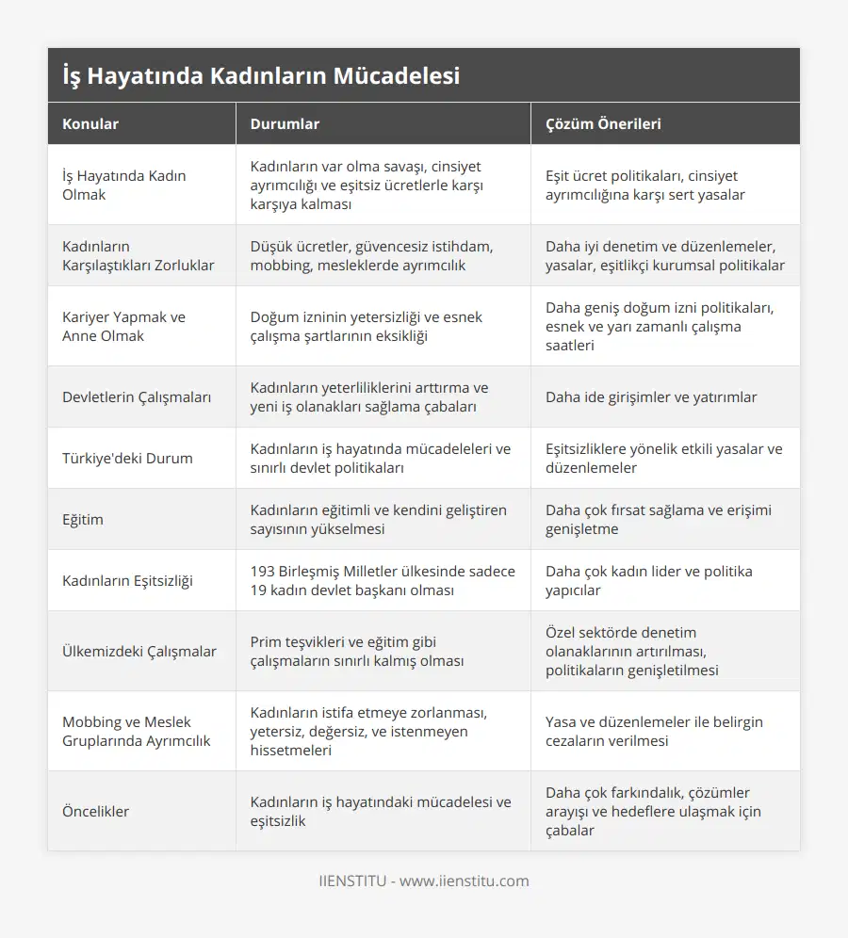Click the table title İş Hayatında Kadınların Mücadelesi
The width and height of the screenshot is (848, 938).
coord(260,75)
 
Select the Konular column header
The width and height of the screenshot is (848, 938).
coord(90,123)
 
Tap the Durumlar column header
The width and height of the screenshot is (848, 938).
coord(285,123)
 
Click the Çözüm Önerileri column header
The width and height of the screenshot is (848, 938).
coord(603,123)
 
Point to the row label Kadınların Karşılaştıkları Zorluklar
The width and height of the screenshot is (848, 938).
coord(138,255)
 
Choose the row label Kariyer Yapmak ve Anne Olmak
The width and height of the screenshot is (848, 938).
coord(123,326)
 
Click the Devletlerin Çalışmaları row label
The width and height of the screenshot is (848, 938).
coord(137,396)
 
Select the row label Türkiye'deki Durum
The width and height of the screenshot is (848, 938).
coord(127,458)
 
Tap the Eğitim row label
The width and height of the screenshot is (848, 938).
coord(83,519)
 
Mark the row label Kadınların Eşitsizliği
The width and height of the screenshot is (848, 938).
coord(127,580)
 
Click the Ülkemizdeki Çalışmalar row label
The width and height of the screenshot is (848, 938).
coord(139,651)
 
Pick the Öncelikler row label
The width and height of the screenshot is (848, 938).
coord(96,811)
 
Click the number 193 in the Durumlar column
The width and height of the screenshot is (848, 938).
coord(264,571)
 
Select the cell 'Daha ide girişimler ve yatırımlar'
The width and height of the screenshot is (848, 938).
coord(651,396)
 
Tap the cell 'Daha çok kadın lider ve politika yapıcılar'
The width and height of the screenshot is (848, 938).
coord(648,580)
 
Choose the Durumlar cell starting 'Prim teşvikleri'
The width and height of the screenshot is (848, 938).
coord(357,651)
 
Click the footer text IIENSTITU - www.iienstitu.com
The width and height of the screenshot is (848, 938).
coord(424,881)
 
